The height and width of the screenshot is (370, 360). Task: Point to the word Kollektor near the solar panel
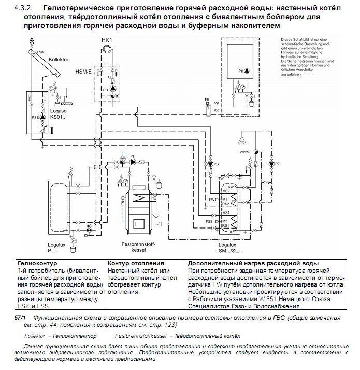click(59, 60)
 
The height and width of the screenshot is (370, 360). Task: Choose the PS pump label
click(217, 164)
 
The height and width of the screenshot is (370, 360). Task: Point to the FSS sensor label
click(209, 221)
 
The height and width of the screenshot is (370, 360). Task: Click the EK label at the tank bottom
click(230, 232)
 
